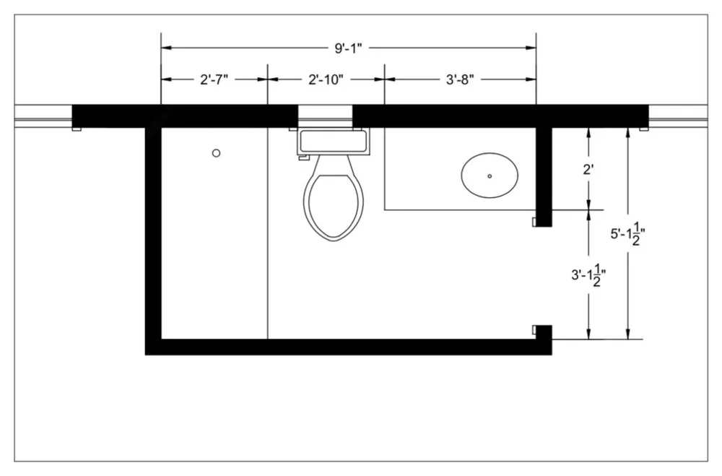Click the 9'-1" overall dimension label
[x=348, y=48]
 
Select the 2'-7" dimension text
[x=214, y=79]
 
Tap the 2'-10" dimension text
[x=326, y=79]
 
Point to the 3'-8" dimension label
[x=460, y=79]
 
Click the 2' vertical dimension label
[x=588, y=170]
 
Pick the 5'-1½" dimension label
[x=627, y=233]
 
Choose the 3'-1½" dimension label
[x=588, y=275]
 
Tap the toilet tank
[x=334, y=142]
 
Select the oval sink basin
[x=490, y=176]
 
